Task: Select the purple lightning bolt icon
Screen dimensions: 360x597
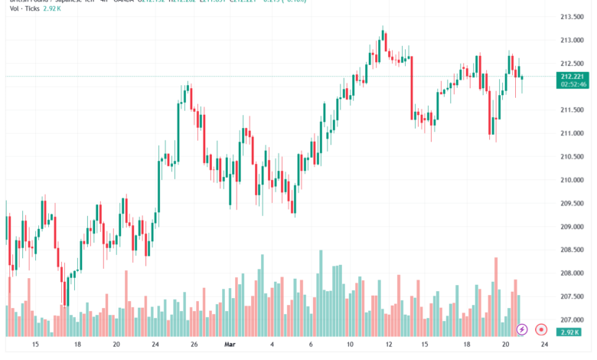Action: click(522, 329)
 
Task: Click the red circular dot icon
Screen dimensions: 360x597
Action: click(541, 329)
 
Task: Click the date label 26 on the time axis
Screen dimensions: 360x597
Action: click(194, 345)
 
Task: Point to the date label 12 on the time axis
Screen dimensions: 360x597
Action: click(389, 345)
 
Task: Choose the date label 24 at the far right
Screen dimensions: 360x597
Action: click(543, 345)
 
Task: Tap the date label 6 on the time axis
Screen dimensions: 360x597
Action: click(311, 345)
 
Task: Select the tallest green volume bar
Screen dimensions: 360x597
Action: click(321, 293)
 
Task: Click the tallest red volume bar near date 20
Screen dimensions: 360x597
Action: click(496, 297)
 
